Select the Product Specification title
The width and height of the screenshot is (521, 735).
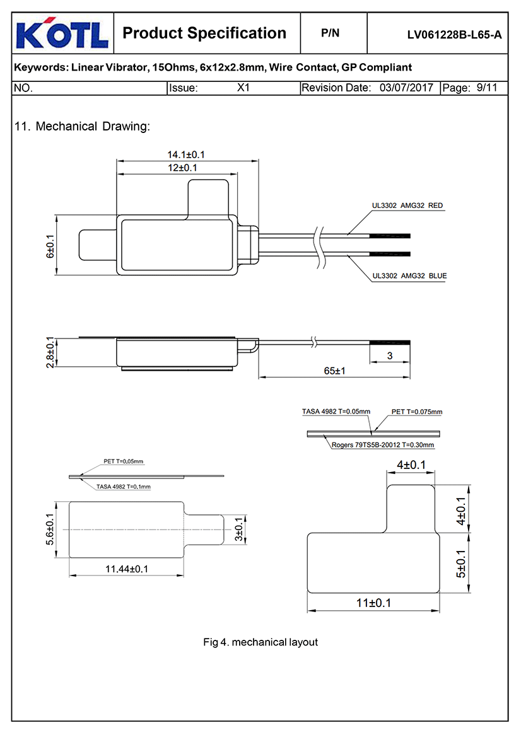click(x=204, y=33)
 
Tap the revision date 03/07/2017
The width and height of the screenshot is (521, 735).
click(x=406, y=88)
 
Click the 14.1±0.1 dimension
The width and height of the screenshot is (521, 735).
click(x=186, y=154)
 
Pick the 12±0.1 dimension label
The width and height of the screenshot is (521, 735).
click(x=182, y=168)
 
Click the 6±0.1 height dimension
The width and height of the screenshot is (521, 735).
click(x=50, y=245)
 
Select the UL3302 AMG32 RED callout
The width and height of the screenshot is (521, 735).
click(x=407, y=205)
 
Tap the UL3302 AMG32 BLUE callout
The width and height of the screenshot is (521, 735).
click(x=409, y=276)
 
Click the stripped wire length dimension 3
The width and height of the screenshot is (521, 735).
click(x=389, y=356)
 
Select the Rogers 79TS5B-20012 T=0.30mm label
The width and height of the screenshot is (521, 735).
click(x=383, y=445)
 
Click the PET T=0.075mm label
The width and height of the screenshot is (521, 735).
click(x=417, y=412)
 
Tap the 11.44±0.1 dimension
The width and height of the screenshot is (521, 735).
click(x=126, y=569)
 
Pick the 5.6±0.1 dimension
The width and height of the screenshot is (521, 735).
click(x=50, y=530)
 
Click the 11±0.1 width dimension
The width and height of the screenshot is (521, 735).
click(x=373, y=603)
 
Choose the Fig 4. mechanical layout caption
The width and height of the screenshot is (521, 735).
click(x=260, y=642)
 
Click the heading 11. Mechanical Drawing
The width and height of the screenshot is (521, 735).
click(x=82, y=126)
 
